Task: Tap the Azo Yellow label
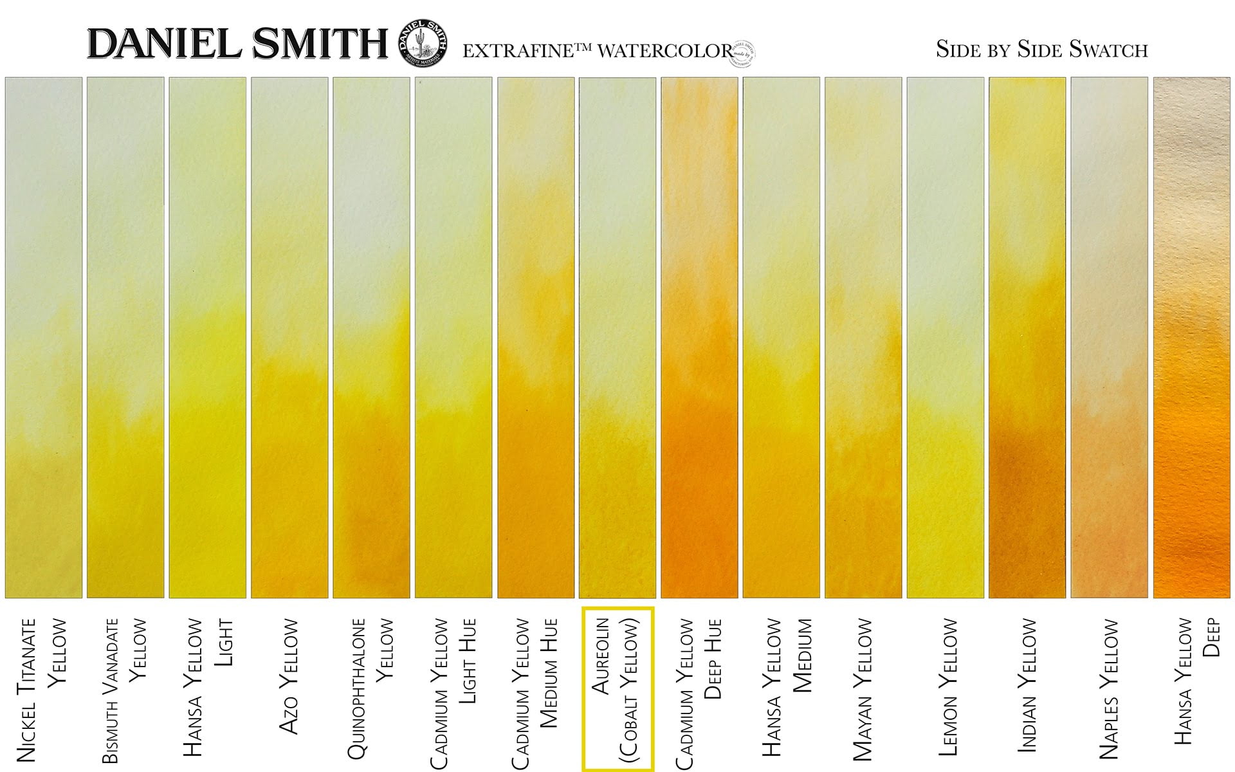point(289,675)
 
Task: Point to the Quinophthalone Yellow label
point(370,688)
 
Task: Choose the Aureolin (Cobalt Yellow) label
point(617,688)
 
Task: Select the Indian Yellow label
point(1027,685)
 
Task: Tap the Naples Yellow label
point(1110,688)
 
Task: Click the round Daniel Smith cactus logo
point(423,42)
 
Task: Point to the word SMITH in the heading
point(320,44)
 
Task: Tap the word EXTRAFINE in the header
point(518,51)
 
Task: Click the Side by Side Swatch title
point(1041,50)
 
